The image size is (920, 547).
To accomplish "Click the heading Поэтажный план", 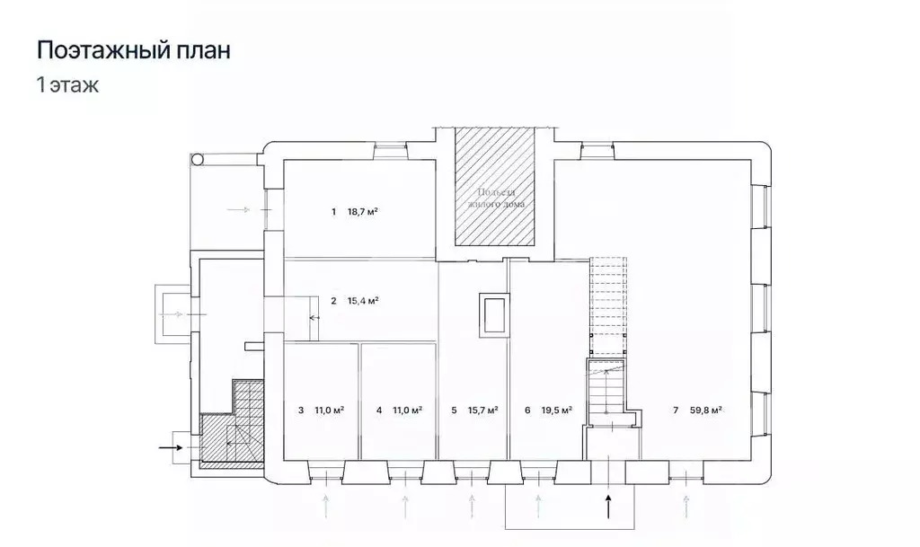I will (x=133, y=50).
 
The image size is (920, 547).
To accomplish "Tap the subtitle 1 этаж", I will (x=67, y=86).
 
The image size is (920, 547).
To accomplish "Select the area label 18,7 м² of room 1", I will (x=362, y=212).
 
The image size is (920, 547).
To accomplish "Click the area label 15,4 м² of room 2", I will (x=362, y=301).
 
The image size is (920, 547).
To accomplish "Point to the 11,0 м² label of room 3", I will (x=330, y=410).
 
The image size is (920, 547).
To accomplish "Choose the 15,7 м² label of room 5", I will (x=483, y=410).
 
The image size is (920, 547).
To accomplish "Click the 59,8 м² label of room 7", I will (x=706, y=410).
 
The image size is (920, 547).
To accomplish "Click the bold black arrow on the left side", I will (x=170, y=445).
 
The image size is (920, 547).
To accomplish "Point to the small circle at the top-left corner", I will (x=198, y=160).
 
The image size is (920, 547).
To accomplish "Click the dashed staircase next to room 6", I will (x=606, y=305).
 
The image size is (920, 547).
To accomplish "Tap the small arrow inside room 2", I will (x=314, y=318).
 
